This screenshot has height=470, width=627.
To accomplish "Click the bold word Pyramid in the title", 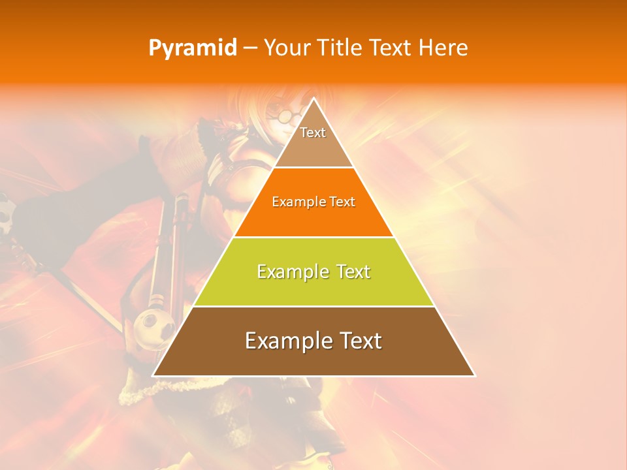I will tap(192, 48).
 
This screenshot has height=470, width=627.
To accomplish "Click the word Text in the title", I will tap(393, 48).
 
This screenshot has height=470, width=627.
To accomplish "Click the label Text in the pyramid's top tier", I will tap(313, 133).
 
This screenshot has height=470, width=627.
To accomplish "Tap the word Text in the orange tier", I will tap(343, 202).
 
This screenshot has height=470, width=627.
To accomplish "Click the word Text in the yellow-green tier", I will tap(353, 272).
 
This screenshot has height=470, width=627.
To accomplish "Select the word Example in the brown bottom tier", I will tap(286, 341).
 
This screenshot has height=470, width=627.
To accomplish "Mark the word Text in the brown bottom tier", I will tap(360, 341).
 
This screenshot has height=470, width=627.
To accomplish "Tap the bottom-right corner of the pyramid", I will tap(474, 375).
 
